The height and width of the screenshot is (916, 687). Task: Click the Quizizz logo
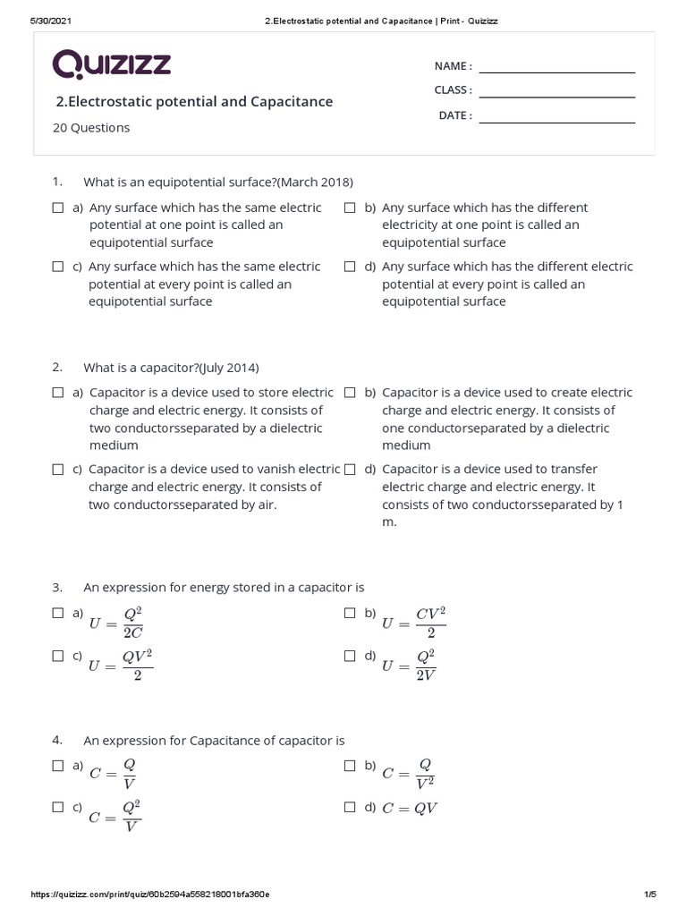click(112, 65)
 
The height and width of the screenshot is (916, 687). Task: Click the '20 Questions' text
click(91, 128)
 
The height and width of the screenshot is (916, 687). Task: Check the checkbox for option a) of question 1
click(58, 208)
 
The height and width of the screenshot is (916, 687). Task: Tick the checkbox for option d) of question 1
click(351, 267)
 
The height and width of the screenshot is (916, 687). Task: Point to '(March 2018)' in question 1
click(315, 182)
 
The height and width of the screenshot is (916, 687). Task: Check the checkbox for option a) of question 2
click(58, 393)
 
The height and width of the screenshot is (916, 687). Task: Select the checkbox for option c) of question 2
click(58, 470)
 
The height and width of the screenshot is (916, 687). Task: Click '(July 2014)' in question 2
click(229, 367)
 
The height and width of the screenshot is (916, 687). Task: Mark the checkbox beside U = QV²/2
click(58, 656)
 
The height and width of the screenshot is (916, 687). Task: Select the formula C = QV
click(410, 809)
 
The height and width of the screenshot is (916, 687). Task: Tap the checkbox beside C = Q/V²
click(351, 766)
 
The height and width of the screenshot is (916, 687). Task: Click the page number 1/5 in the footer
click(649, 895)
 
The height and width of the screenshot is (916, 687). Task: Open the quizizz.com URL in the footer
click(150, 895)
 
